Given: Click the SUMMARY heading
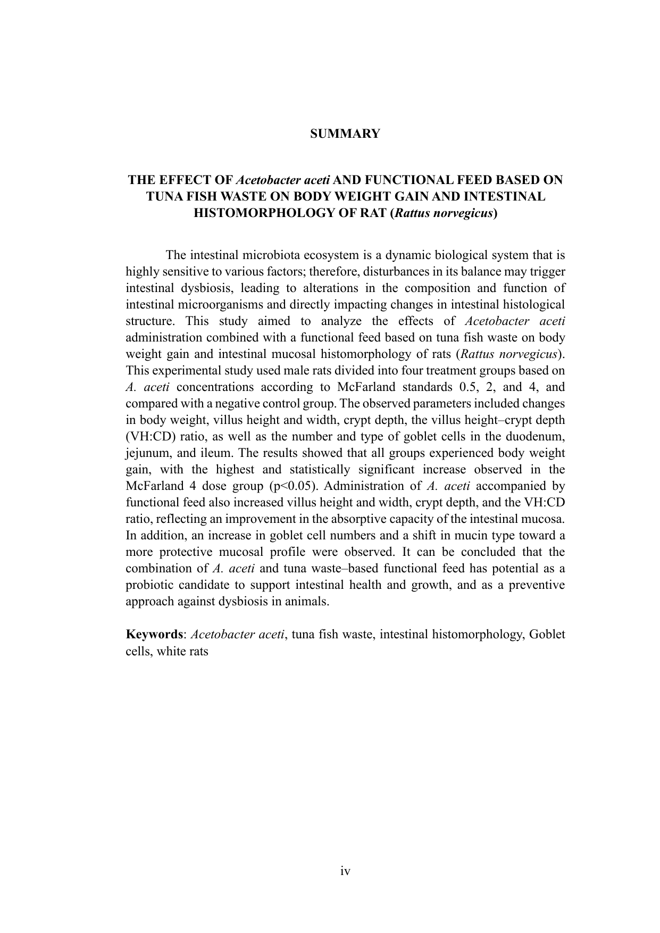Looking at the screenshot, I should pyautogui.click(x=345, y=134).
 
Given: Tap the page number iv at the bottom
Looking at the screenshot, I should pyautogui.click(x=345, y=871).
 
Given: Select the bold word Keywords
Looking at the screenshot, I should pyautogui.click(x=154, y=634).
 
